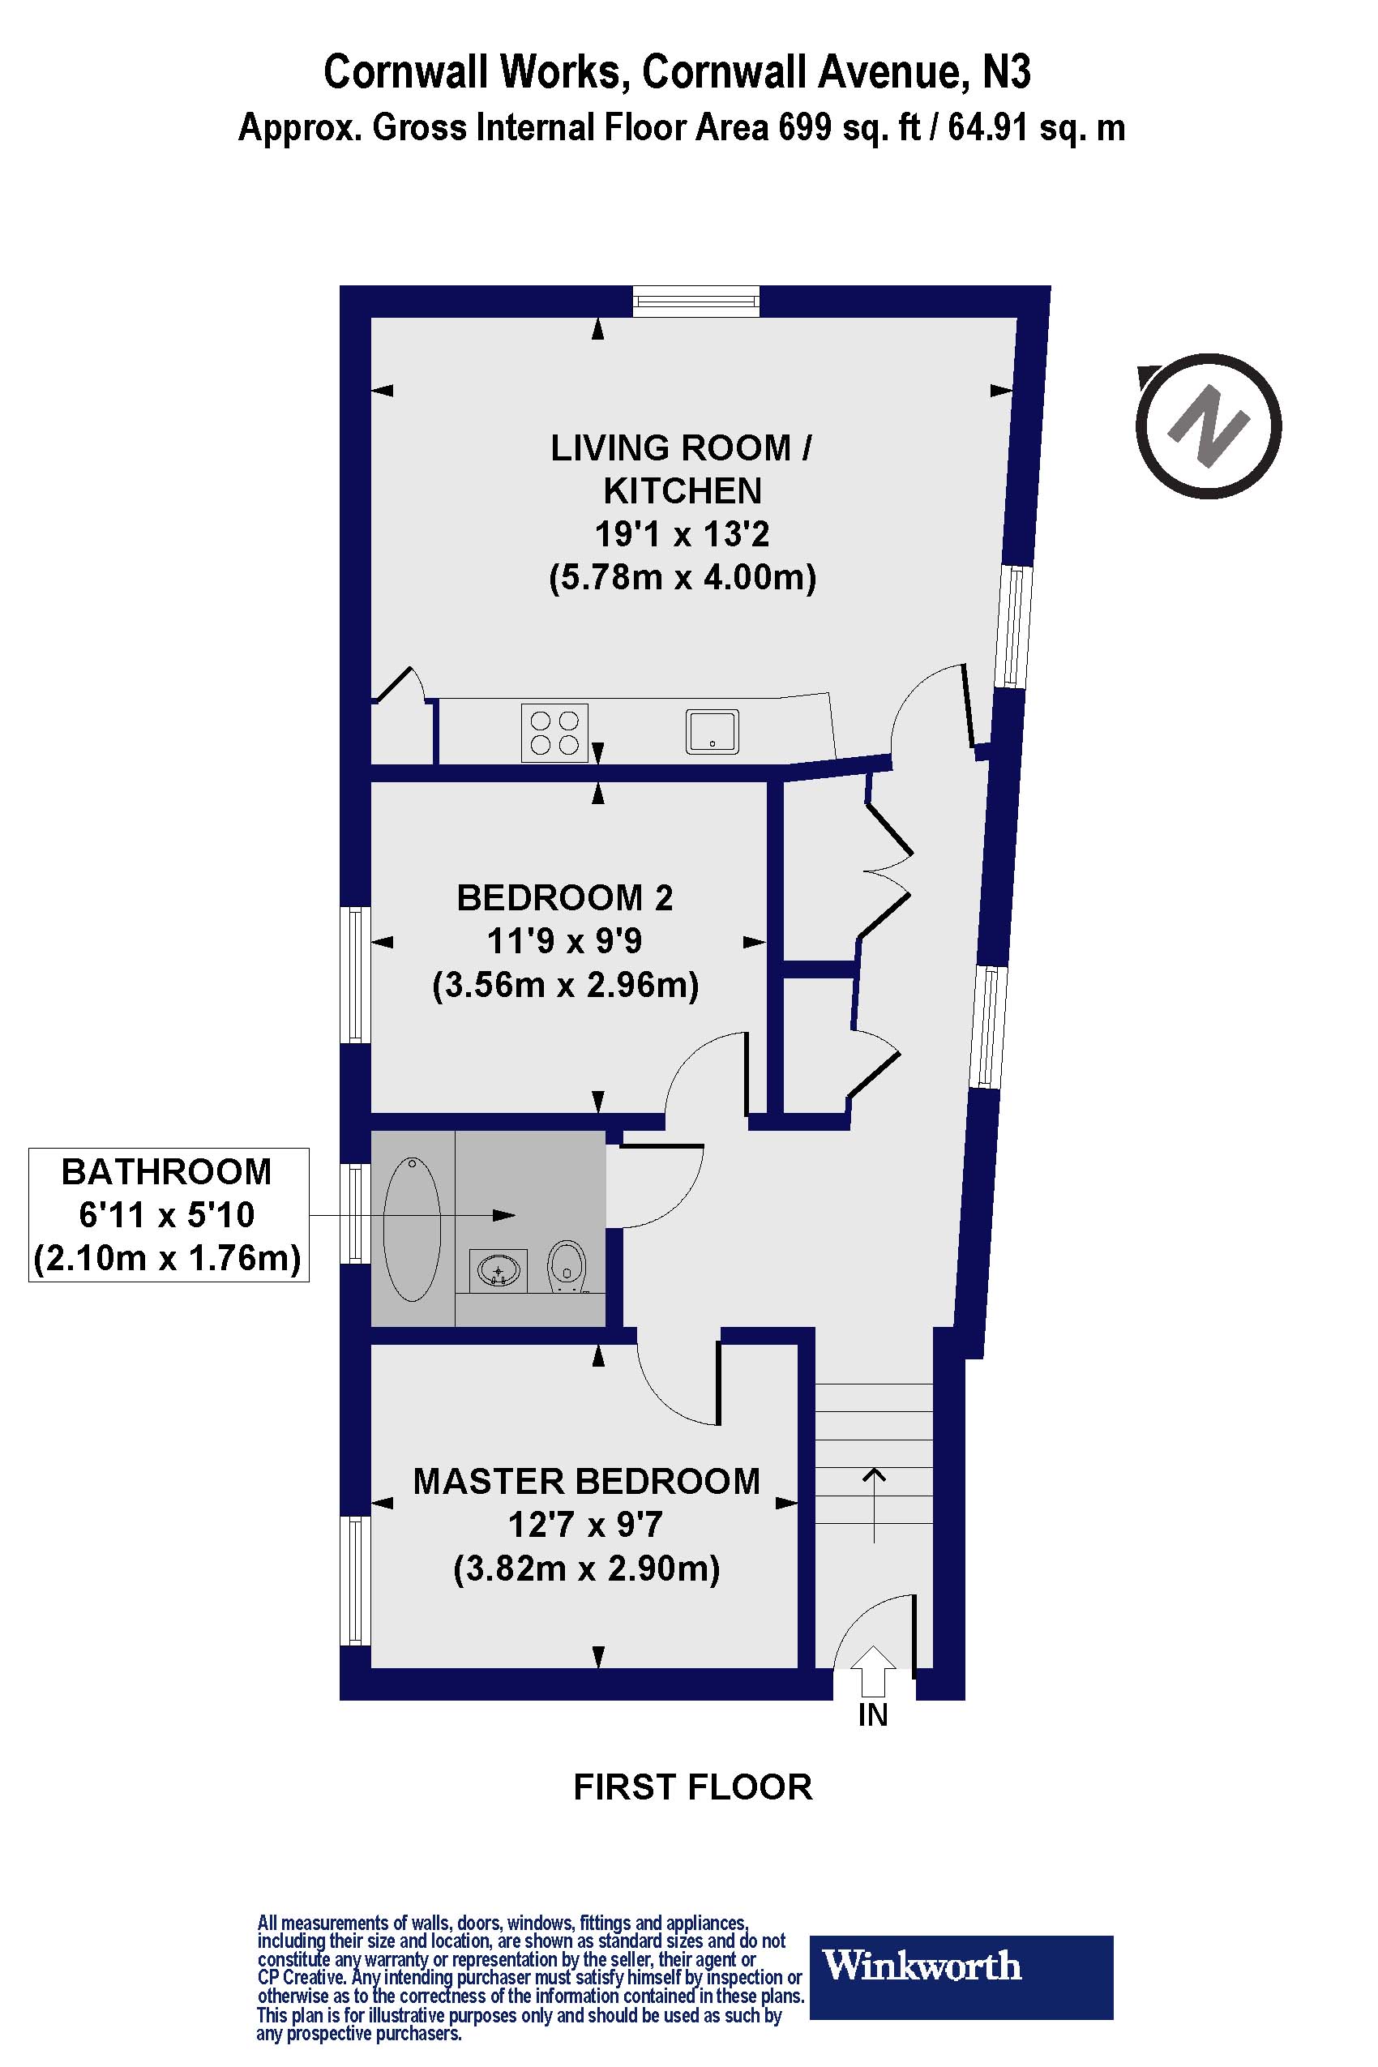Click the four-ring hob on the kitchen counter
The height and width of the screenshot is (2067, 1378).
click(x=554, y=733)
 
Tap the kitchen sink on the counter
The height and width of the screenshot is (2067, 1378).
click(x=712, y=732)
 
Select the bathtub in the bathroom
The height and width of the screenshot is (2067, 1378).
click(x=412, y=1229)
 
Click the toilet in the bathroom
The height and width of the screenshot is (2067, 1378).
click(x=567, y=1266)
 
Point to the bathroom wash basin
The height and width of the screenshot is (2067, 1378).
click(x=499, y=1269)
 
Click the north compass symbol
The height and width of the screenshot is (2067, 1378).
click(x=1209, y=427)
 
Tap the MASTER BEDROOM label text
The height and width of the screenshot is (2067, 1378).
click(x=586, y=1482)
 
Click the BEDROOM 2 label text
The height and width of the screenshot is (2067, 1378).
click(x=565, y=898)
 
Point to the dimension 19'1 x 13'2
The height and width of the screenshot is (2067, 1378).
click(x=682, y=533)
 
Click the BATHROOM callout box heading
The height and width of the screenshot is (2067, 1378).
click(x=166, y=1172)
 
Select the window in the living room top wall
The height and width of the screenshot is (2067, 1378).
click(x=696, y=302)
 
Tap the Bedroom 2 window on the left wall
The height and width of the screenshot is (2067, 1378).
click(x=354, y=975)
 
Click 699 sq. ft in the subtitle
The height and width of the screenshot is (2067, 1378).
click(x=849, y=128)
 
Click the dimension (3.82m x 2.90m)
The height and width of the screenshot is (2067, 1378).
click(x=586, y=1568)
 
